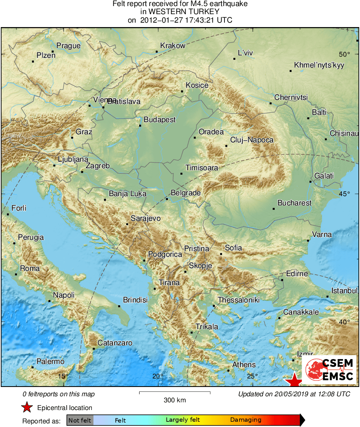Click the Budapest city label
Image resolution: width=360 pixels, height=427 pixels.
160,120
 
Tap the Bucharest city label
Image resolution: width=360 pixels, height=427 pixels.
294,203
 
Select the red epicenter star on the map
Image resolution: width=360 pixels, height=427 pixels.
294,380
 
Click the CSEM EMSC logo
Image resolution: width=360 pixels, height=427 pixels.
329,370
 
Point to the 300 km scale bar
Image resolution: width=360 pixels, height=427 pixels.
175,392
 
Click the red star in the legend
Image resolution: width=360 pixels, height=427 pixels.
27,408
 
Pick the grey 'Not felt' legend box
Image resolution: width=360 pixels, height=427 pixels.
80,420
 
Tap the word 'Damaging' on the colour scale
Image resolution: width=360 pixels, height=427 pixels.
246,420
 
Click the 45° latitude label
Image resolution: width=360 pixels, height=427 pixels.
345,194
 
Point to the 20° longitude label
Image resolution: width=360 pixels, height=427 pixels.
158,376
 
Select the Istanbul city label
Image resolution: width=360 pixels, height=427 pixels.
345,291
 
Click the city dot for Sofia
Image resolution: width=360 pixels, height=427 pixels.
221,254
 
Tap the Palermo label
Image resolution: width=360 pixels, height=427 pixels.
50,361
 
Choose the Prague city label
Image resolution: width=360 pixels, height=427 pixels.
68,46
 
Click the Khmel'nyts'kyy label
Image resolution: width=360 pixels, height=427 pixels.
319,65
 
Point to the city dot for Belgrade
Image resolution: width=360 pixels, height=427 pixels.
167,199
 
